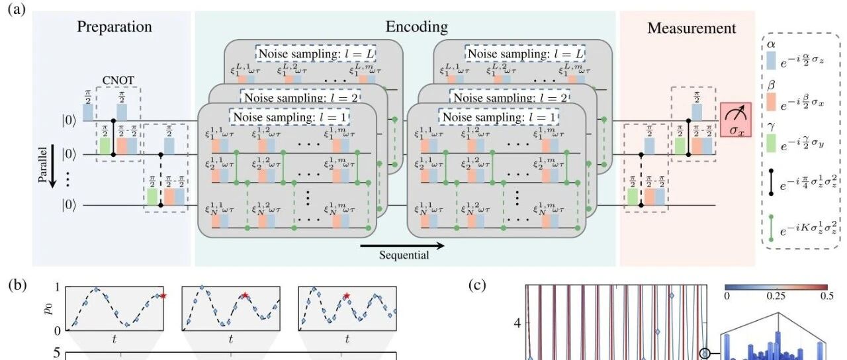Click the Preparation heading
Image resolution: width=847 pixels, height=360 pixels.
coord(114,27)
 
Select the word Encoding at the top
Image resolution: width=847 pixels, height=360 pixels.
coord(416,27)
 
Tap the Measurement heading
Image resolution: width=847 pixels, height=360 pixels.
coord(691,28)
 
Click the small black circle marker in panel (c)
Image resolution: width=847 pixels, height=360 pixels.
coord(706,355)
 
